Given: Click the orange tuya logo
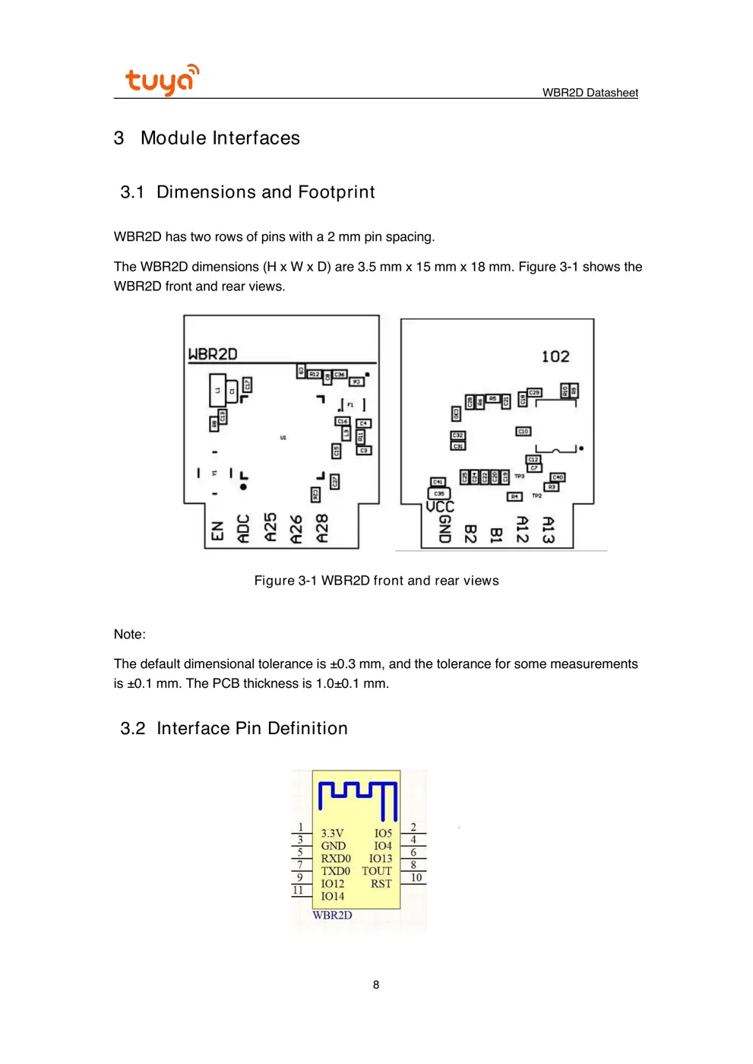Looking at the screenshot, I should click(161, 80).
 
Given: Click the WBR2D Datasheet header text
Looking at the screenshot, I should click(590, 93).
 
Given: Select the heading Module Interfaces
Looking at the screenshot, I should click(220, 138).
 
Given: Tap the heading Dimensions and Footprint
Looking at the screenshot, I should click(265, 192).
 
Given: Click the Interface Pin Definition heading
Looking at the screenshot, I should click(252, 728).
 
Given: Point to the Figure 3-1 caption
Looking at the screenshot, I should click(376, 581).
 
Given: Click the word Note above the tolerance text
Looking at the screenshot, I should click(129, 634).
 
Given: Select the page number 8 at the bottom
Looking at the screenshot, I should click(376, 984).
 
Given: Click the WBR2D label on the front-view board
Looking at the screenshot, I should click(213, 354).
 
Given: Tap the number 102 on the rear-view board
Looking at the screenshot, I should click(555, 356).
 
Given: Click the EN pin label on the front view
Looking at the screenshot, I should click(218, 530).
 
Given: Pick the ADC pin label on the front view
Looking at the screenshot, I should click(243, 529).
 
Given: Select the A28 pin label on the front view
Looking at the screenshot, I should click(322, 528).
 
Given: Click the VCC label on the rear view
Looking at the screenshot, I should click(440, 506).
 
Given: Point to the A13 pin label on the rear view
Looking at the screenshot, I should click(548, 529).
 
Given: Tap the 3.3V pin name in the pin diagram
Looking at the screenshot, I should click(332, 833).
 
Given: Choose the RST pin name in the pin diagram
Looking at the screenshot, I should click(381, 884).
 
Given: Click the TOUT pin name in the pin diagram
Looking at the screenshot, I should click(376, 871).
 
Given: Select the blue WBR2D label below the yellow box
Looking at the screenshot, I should click(332, 915).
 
